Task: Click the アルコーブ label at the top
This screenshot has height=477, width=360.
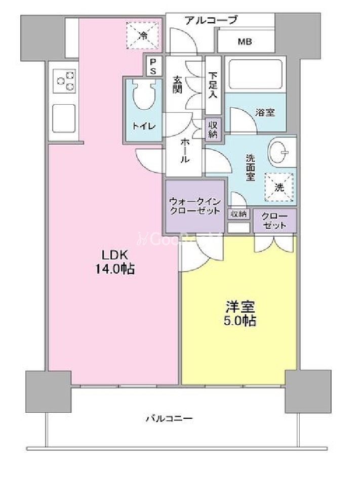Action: [x=211, y=20]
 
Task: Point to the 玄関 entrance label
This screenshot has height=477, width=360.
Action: [x=178, y=84]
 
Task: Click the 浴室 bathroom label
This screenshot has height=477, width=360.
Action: [x=265, y=112]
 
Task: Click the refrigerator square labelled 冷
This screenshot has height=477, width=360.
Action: [x=143, y=35]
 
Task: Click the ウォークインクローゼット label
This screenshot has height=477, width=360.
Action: [x=194, y=205]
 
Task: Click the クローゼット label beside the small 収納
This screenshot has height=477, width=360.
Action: [x=274, y=221]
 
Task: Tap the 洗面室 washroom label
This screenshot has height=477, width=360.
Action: [x=250, y=167]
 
